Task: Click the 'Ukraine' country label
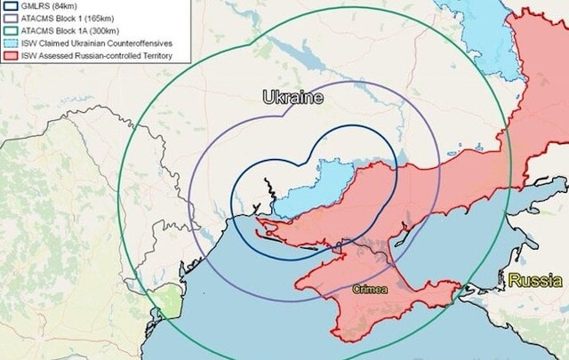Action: point(293,97)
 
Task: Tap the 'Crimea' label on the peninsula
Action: point(369,289)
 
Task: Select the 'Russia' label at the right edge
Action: point(534,281)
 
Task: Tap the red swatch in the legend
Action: point(12,56)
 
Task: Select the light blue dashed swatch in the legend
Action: point(12,43)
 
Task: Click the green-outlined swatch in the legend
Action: point(12,30)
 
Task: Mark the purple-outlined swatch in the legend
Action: point(12,18)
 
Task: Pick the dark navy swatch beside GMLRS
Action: point(12,5)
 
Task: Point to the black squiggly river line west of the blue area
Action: point(267,190)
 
